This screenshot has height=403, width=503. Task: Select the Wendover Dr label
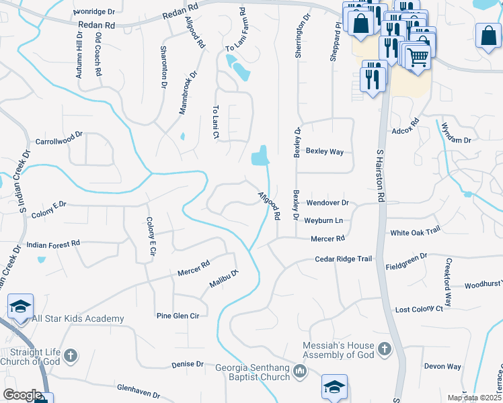327,203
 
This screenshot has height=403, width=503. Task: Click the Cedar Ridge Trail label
344,259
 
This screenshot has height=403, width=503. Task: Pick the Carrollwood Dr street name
59,142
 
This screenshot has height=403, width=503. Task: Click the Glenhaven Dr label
139,392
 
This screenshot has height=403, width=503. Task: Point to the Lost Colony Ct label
419,309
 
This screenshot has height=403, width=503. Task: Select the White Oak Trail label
415,231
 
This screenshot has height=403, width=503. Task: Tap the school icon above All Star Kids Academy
21,306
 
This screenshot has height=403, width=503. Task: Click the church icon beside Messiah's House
384,349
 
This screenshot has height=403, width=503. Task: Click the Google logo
22,395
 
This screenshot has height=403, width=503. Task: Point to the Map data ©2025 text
473,398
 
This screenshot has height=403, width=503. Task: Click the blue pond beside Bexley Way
260,157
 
